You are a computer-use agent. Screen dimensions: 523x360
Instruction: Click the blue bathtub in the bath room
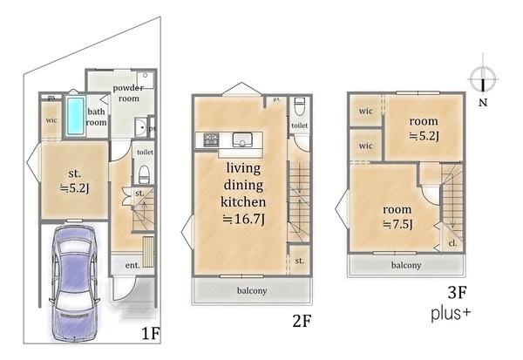(75, 115)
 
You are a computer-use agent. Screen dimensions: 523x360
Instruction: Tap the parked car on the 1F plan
(74, 283)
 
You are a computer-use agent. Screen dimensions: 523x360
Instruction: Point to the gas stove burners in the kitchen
(211, 139)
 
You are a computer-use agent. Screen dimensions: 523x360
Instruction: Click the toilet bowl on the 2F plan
(300, 106)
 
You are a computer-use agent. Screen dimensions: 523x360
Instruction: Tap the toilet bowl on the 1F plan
(144, 174)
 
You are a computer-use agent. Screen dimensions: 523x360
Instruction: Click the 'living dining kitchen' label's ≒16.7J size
(244, 219)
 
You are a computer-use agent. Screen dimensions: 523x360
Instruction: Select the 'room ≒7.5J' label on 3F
(397, 217)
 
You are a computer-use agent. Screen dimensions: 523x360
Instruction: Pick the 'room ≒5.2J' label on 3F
(424, 128)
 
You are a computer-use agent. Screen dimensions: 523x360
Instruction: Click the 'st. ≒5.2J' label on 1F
(74, 180)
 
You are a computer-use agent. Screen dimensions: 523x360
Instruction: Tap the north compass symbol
(483, 79)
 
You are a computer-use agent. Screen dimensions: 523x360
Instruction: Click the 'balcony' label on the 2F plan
(252, 290)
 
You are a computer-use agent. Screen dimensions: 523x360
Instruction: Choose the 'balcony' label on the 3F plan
(406, 265)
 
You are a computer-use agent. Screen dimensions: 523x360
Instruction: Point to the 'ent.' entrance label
(132, 265)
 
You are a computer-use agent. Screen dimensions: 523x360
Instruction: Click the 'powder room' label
(128, 93)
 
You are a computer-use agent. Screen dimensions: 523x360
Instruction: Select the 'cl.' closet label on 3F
(452, 243)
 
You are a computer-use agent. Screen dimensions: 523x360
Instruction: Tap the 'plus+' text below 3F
(451, 315)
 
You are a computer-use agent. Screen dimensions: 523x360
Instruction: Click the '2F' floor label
(302, 322)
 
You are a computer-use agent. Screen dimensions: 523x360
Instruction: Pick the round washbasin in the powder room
(140, 127)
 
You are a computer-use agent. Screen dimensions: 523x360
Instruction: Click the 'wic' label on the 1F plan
(51, 120)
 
